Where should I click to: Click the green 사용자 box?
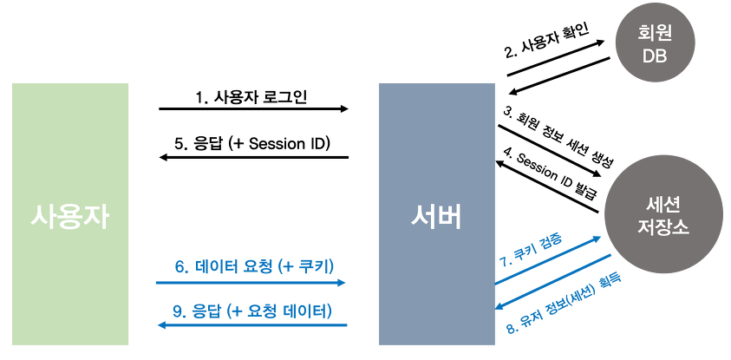(x=70, y=214)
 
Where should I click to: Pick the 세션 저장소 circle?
(x=663, y=214)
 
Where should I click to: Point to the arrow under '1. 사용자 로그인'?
(x=253, y=109)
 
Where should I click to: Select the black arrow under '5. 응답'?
(x=252, y=158)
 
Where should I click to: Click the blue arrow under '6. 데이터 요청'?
(x=251, y=283)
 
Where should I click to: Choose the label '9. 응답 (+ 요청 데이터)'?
(x=252, y=310)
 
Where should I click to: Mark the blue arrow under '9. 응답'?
(x=252, y=324)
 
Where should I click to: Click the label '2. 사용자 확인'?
(x=546, y=42)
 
